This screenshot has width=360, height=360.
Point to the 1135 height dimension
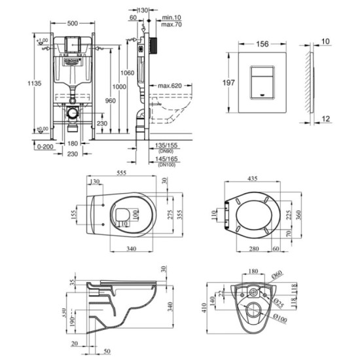pos(23,82)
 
